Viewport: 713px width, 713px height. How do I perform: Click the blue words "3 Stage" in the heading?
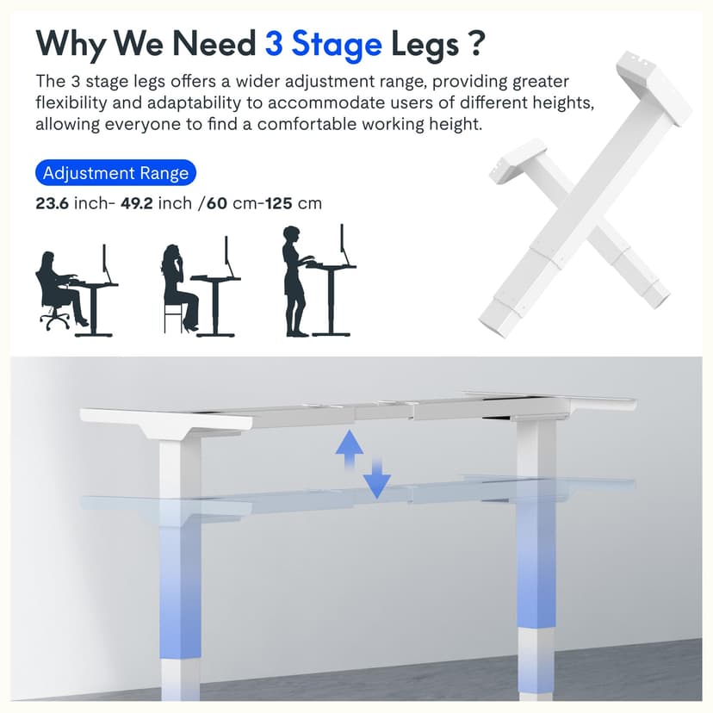tap(323, 42)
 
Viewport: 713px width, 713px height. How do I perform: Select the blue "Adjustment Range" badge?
tap(115, 173)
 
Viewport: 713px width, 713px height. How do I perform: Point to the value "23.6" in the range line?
tap(52, 204)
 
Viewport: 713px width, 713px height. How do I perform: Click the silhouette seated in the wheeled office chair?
tap(57, 288)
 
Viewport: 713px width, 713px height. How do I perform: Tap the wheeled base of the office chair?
tap(54, 320)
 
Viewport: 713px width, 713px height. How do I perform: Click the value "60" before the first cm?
tap(217, 204)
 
